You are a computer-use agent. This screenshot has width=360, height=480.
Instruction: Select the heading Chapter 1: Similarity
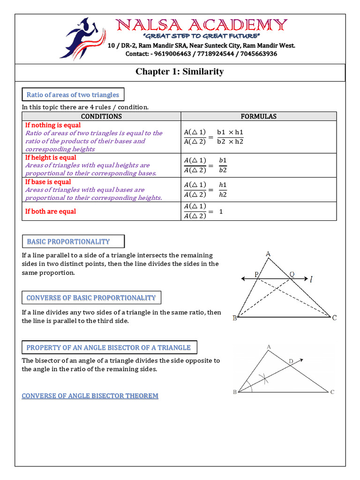click(x=180, y=72)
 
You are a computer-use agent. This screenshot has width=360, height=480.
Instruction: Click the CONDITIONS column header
click(x=101, y=116)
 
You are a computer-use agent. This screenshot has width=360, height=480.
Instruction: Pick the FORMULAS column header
click(x=258, y=116)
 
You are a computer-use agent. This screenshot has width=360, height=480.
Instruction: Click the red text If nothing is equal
click(x=53, y=125)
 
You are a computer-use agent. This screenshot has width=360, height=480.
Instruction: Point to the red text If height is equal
click(x=51, y=157)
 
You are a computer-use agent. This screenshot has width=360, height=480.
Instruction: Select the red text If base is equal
click(x=48, y=182)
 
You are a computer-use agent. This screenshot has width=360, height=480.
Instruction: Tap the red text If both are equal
click(x=51, y=211)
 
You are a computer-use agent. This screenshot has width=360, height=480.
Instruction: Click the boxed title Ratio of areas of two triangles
click(x=73, y=95)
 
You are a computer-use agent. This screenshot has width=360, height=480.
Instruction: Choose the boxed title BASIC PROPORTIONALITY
click(x=68, y=241)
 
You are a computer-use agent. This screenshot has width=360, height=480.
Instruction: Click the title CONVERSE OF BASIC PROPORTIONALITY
click(x=91, y=298)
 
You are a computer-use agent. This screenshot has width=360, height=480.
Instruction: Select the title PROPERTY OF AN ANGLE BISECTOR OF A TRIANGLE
click(x=109, y=347)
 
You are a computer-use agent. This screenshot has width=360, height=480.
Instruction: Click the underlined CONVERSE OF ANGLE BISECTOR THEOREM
click(x=90, y=396)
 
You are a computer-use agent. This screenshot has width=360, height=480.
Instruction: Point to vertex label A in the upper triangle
click(x=268, y=254)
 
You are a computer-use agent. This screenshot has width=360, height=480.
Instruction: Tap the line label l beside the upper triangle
click(x=312, y=280)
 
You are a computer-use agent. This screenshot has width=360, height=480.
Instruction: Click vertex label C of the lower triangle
click(x=332, y=392)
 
